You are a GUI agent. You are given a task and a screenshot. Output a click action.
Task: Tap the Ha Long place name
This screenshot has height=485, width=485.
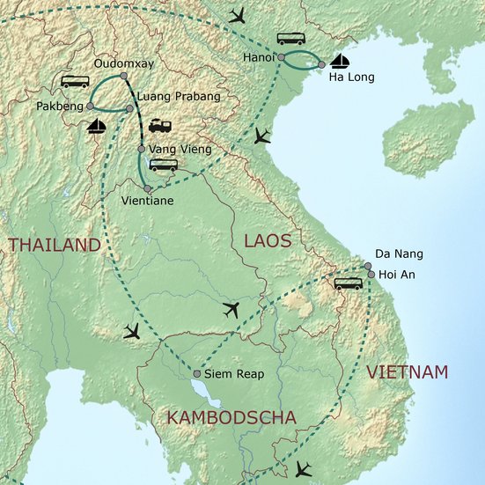tap(351, 77)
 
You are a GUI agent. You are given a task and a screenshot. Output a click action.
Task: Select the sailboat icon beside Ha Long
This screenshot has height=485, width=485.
tap(339, 62)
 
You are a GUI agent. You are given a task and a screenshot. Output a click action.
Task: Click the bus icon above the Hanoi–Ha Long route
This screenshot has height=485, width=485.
tap(291, 39)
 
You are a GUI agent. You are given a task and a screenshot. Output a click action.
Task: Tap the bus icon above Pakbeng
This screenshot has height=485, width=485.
tap(75, 82)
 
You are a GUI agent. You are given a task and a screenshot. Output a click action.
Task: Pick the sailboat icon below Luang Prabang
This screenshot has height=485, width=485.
tap(98, 128)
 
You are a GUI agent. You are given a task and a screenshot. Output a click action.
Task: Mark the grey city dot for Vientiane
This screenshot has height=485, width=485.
tap(148, 188)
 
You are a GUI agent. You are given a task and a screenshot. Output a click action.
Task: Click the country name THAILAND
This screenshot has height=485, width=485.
tap(55, 246)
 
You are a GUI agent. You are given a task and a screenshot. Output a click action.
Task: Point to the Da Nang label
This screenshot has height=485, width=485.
tap(399, 254)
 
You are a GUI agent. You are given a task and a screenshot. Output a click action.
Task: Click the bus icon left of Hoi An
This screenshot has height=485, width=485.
tap(348, 283)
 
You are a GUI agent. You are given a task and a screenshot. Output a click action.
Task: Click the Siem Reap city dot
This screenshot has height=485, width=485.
tap(196, 374)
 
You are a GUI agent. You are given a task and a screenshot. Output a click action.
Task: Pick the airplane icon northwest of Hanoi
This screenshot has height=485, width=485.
tap(237, 16)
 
